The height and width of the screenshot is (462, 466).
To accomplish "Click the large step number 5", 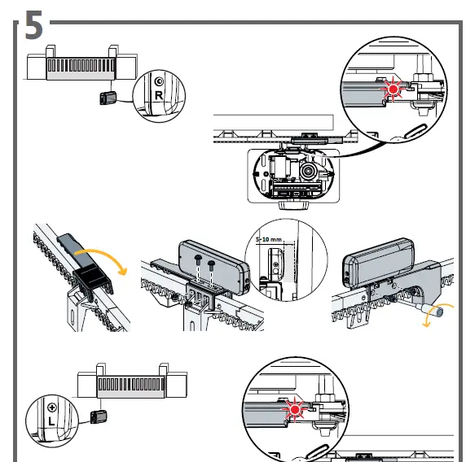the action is (34, 25).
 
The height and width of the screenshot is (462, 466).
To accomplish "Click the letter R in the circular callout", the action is (159, 95).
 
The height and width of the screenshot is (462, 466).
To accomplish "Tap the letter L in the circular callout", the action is (51, 421).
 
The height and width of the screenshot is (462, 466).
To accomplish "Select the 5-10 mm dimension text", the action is (268, 239).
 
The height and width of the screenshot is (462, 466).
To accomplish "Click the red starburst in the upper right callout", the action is (393, 89).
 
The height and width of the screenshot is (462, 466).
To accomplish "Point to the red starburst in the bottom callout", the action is (295, 410).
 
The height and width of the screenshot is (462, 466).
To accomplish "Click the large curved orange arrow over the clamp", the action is (101, 259).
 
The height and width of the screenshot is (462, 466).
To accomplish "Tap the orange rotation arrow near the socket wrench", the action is (437, 315).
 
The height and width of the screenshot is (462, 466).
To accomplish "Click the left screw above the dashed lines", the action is (198, 259).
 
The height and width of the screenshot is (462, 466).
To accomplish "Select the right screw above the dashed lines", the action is (211, 264).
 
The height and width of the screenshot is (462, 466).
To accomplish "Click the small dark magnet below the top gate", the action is (108, 98).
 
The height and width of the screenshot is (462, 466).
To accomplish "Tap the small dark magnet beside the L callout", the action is (99, 416).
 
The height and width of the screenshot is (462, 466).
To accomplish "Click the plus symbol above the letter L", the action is (52, 408).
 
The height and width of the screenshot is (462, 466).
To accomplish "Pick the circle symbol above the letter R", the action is (160, 81).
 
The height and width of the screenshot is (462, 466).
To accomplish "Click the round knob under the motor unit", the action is (294, 205).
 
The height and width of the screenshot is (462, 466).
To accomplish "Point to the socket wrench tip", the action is (439, 312).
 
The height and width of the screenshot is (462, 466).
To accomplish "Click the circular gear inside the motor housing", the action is (309, 172).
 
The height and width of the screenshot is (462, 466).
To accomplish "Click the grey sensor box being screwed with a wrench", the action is (378, 263).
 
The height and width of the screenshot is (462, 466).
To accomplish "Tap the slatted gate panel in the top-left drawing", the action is (81, 69).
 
